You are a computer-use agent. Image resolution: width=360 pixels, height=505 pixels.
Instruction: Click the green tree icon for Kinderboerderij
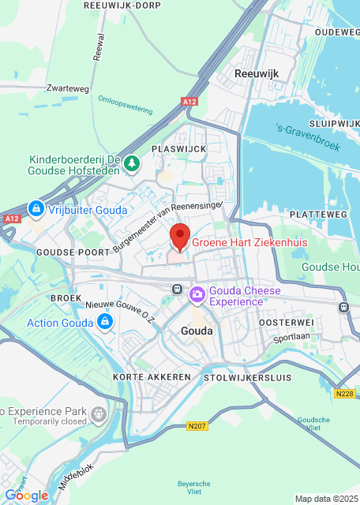(133, 164)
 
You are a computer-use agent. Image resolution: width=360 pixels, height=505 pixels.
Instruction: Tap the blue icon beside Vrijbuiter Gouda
(35, 208)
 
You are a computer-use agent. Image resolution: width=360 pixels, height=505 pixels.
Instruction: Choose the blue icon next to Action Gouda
(104, 322)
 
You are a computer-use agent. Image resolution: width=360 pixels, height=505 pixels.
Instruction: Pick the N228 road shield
(344, 393)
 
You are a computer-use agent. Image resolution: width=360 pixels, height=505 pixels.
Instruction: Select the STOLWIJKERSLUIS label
(241, 377)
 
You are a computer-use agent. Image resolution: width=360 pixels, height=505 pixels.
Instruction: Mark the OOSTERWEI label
(287, 322)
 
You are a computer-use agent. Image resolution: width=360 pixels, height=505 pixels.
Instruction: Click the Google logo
(26, 495)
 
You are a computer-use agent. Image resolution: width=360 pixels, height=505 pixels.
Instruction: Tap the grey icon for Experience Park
(98, 413)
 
